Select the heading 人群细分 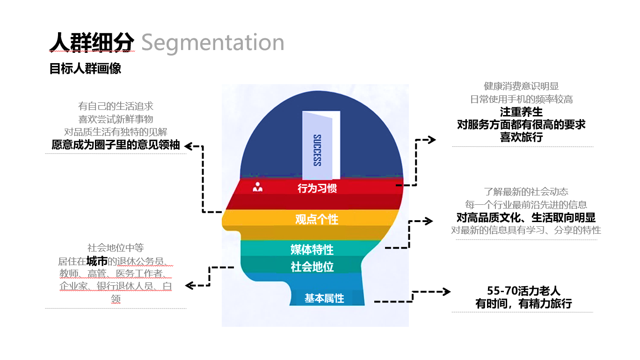tap(92, 43)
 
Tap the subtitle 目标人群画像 tap(85, 69)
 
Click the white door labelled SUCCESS tap(321, 145)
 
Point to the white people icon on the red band tap(258, 187)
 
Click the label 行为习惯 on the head tap(317, 188)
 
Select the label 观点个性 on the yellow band tap(317, 219)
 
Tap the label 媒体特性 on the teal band tap(312, 250)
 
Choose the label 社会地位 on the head tap(312, 267)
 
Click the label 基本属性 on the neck tap(324, 298)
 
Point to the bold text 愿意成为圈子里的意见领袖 tap(116, 145)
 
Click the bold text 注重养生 tap(521, 112)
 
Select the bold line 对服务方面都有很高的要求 tap(521, 124)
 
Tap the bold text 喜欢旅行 tap(521, 137)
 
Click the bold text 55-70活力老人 tap(524, 291)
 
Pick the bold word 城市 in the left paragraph tap(97, 261)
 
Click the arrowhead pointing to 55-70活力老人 tap(447, 292)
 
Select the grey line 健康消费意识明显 tap(521, 86)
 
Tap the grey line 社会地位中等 tap(116, 248)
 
